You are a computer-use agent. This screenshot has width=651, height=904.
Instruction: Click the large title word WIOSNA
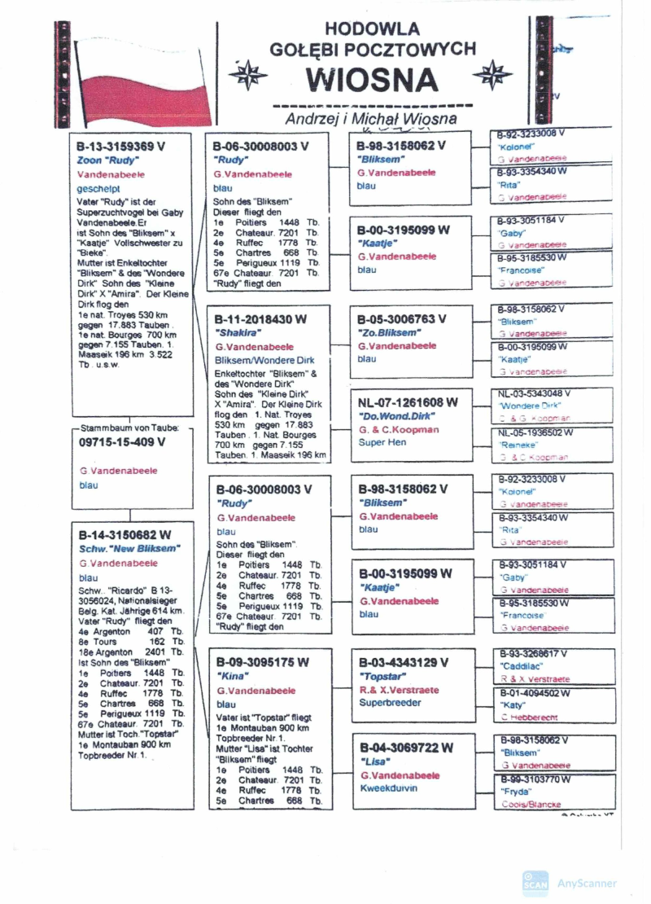(x=373, y=79)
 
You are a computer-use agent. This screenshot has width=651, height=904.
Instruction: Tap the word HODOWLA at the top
(x=373, y=29)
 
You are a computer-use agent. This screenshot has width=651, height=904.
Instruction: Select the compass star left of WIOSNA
(x=242, y=75)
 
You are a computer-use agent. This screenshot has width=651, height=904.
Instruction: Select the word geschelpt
(x=98, y=188)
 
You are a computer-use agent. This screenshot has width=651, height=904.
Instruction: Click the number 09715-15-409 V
(x=122, y=442)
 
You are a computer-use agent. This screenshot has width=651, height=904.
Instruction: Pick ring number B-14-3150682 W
(x=125, y=535)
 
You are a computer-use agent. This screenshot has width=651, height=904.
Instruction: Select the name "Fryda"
(x=513, y=792)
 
